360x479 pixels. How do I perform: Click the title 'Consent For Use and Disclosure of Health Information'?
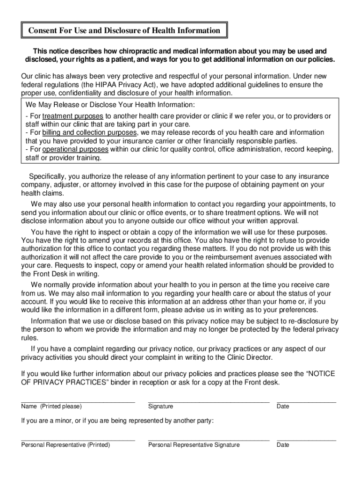124,30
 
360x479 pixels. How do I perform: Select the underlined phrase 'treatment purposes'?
72,116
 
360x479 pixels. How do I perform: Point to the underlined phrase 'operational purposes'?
75,150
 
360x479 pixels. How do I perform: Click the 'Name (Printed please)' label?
51,406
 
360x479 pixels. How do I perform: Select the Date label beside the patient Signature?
283,406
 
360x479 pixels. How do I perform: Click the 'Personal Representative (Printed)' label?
65,445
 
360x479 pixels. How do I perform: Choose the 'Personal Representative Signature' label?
194,445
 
